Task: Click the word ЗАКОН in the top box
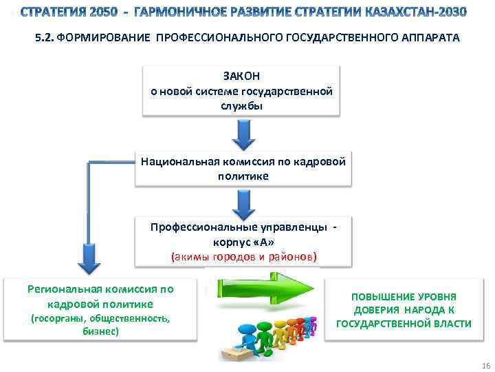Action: [242, 76]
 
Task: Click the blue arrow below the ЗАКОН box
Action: [243, 134]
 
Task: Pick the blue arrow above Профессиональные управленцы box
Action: [243, 203]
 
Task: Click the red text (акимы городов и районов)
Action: [244, 256]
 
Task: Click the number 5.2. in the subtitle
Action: [45, 39]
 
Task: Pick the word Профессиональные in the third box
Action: [195, 227]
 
